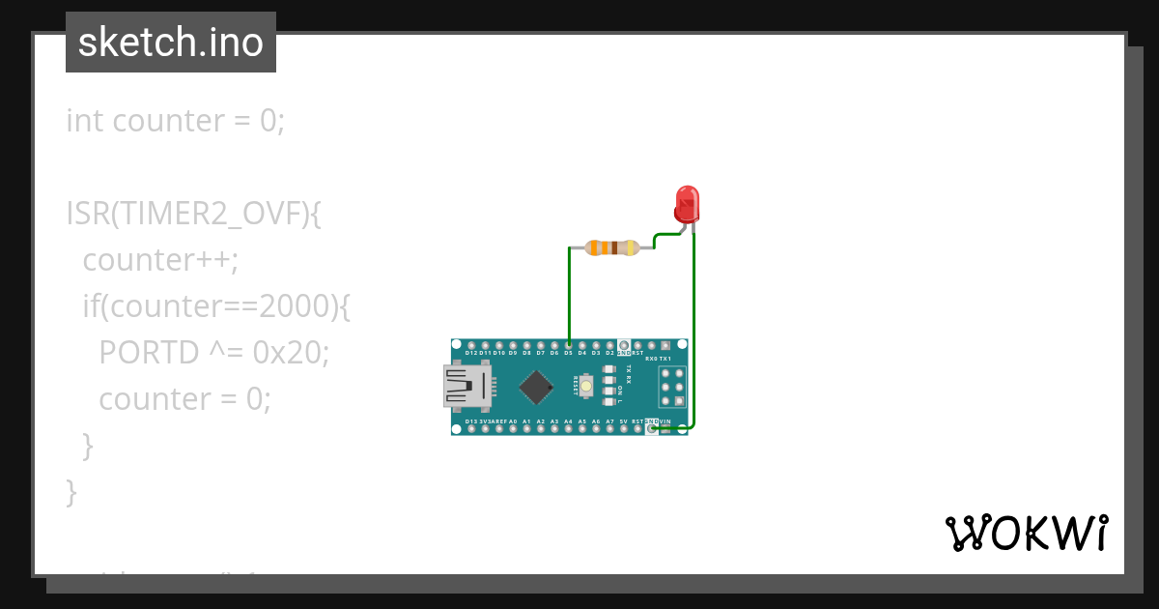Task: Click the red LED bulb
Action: click(x=687, y=204)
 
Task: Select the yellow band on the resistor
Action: click(x=631, y=247)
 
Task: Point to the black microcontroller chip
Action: click(x=534, y=388)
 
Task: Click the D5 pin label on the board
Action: click(x=568, y=353)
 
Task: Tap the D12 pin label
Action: click(x=471, y=353)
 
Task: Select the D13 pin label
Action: click(x=471, y=421)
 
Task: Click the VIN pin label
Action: click(x=665, y=421)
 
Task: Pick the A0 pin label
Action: click(x=513, y=421)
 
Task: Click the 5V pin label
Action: click(x=624, y=421)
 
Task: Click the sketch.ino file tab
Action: click(x=171, y=43)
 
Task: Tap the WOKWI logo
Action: click(x=1026, y=533)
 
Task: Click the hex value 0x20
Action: click(x=291, y=353)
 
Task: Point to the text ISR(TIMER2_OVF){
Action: click(x=193, y=214)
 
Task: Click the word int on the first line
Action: click(x=85, y=121)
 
